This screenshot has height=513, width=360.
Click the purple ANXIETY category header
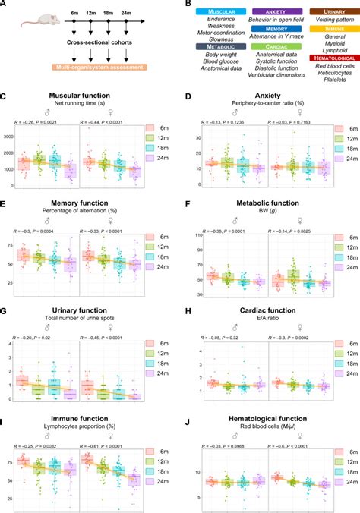point(269,11)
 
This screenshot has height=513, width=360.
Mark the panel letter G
point(4,313)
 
